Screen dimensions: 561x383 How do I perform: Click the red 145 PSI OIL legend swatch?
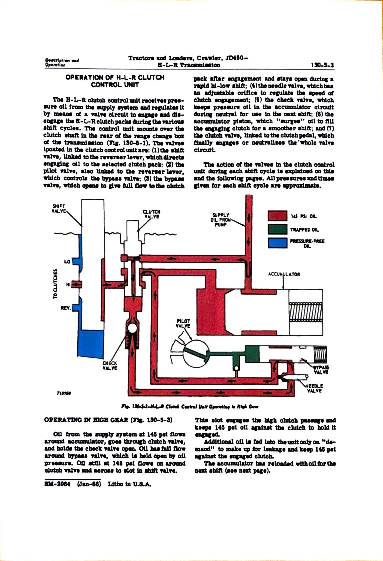pyautogui.click(x=277, y=216)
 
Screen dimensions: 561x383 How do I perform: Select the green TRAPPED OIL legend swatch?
pyautogui.click(x=277, y=229)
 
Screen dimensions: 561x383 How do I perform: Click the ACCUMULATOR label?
pyautogui.click(x=284, y=274)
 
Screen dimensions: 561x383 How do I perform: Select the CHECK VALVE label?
pyautogui.click(x=110, y=366)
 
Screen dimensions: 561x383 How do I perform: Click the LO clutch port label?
pyautogui.click(x=67, y=261)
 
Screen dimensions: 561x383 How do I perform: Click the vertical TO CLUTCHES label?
pyautogui.click(x=55, y=284)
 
